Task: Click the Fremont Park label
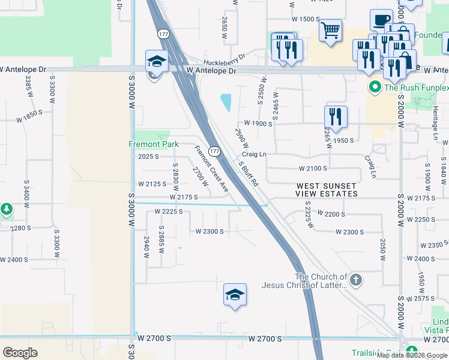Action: coord(154,145)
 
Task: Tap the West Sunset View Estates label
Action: coord(327,190)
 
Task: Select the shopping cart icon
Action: coord(330,30)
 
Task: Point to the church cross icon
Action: coord(356,280)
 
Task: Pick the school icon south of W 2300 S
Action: coord(235,295)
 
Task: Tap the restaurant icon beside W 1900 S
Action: coord(336,116)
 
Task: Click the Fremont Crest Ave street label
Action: coord(211,168)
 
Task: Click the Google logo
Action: coord(20,353)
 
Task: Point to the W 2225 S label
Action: coord(168,211)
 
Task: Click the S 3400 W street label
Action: coord(26,191)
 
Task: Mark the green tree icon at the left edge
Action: coord(7,209)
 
